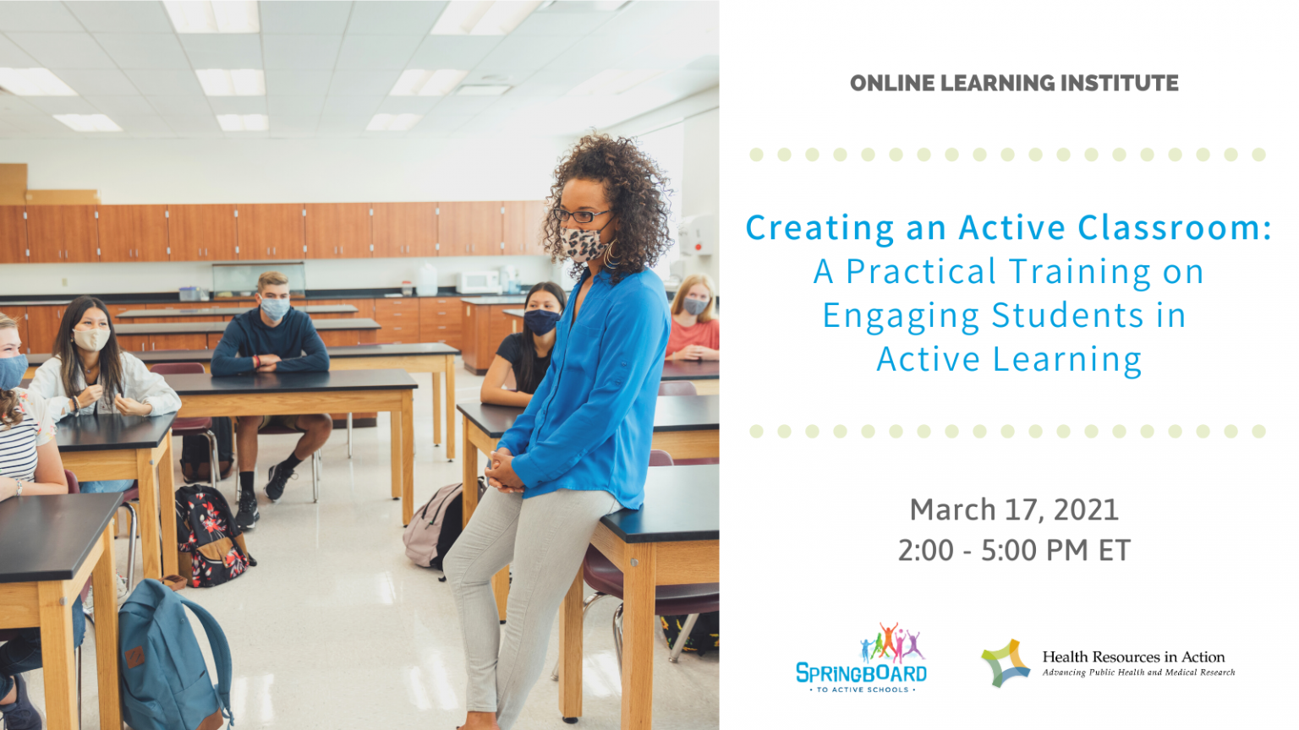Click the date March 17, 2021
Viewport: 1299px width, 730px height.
click(1014, 509)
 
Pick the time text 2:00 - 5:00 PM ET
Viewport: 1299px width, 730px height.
click(1014, 550)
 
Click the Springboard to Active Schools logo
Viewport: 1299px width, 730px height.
click(862, 660)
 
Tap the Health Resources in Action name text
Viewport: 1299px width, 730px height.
click(1133, 656)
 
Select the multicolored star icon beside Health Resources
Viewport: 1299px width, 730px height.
click(1006, 662)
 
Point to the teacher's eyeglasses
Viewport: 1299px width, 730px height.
click(581, 216)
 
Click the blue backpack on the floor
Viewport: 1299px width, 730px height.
click(169, 651)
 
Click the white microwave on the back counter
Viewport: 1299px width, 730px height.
click(479, 281)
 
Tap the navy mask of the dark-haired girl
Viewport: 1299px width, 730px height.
click(540, 321)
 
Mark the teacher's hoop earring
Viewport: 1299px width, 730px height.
click(611, 253)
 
